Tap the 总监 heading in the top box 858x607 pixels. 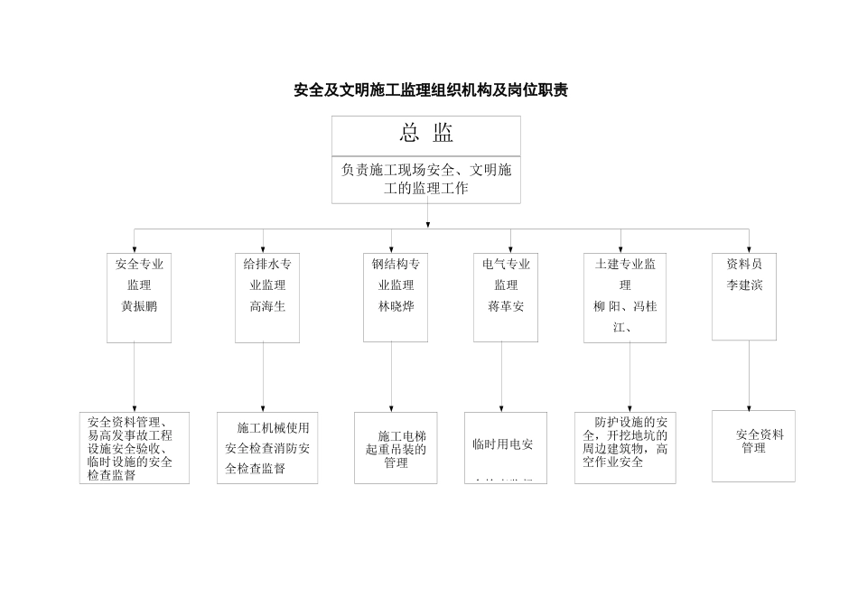click(426, 134)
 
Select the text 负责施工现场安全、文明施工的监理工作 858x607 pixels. click(426, 179)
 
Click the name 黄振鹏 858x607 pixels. click(139, 306)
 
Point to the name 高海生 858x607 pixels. click(267, 306)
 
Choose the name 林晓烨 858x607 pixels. click(396, 306)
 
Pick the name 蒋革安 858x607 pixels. click(506, 306)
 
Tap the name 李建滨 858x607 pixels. click(744, 285)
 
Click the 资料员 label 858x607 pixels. click(744, 264)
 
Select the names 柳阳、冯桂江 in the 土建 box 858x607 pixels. click(625, 316)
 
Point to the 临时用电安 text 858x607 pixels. click(503, 444)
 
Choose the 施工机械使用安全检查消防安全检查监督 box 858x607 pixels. click(267, 448)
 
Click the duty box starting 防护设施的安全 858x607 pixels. click(625, 447)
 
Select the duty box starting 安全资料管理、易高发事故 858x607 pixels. click(135, 448)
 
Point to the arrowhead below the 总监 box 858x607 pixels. click(427, 224)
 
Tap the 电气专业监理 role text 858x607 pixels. click(506, 275)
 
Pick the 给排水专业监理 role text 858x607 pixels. click(267, 275)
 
